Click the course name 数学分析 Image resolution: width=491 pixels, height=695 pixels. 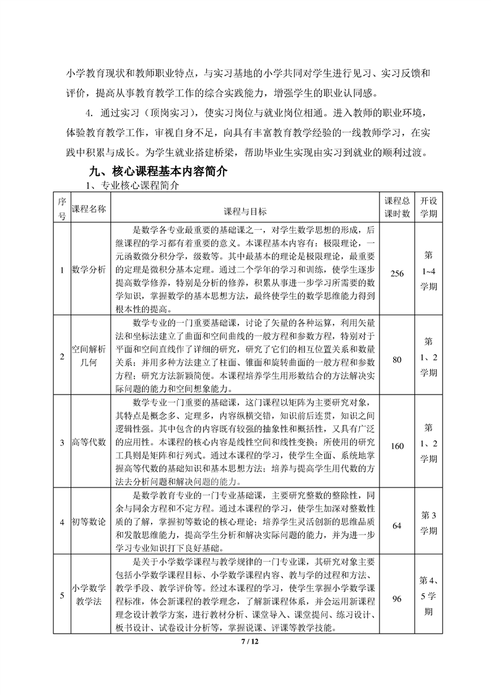(x=90, y=269)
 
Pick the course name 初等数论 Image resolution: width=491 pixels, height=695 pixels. (x=90, y=521)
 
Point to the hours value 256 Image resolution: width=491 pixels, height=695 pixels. (x=397, y=269)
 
